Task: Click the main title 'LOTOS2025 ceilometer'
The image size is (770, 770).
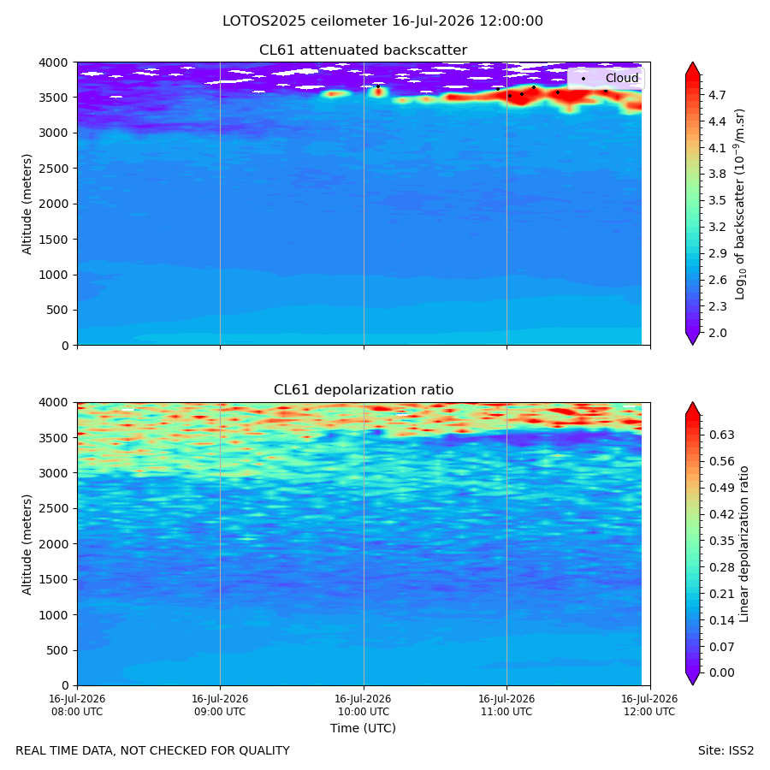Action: [x=305, y=21]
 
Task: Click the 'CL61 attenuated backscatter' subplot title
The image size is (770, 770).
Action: [x=363, y=50]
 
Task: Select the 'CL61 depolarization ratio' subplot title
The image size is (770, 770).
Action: [x=364, y=390]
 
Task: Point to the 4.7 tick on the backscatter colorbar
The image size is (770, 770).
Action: [x=717, y=95]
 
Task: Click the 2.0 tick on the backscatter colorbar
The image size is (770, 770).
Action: [x=717, y=333]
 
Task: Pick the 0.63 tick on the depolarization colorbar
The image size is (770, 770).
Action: [x=721, y=435]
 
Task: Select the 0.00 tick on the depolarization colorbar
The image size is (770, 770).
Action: [x=721, y=672]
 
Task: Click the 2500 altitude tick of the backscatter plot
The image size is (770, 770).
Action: [x=54, y=169]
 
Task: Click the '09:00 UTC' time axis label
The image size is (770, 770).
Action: [x=220, y=712]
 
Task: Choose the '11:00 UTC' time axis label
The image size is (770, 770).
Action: [x=506, y=712]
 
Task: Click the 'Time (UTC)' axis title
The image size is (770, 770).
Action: [x=363, y=728]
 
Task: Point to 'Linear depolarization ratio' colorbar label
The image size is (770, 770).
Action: [x=743, y=544]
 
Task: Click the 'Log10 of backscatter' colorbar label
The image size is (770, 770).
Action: [x=740, y=204]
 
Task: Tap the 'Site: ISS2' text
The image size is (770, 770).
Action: [x=726, y=750]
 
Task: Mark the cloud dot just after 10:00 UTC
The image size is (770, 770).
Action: [x=378, y=86]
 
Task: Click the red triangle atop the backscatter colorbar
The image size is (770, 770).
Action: [x=692, y=68]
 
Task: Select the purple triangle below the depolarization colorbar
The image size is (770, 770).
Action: [x=692, y=678]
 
